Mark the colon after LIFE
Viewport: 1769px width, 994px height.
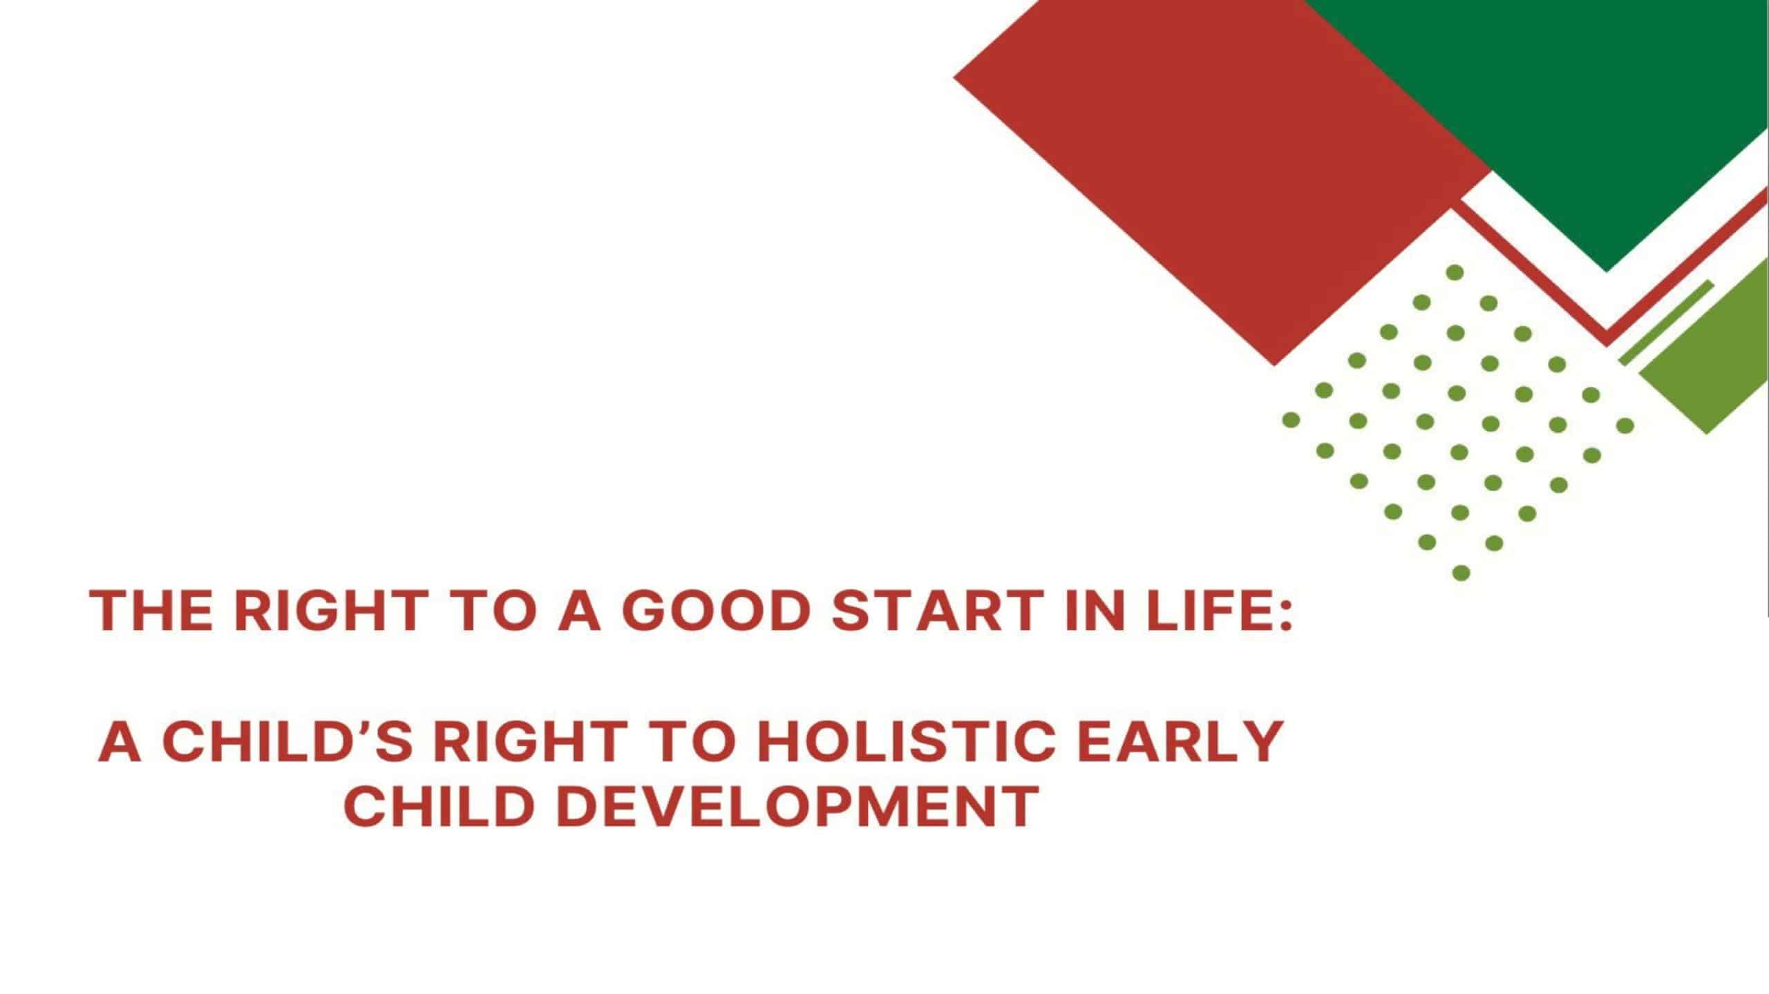pos(1285,612)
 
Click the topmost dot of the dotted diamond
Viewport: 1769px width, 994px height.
pos(1455,272)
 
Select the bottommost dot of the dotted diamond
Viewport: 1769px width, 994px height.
pos(1461,573)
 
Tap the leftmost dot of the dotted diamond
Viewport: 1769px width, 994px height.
pos(1291,419)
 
